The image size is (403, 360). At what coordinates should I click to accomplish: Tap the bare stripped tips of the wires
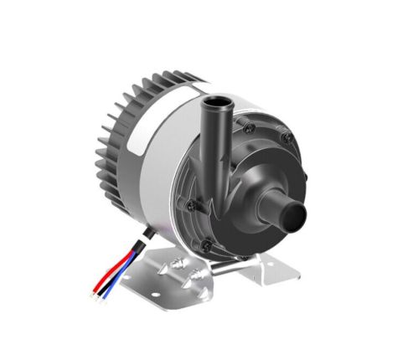(95, 294)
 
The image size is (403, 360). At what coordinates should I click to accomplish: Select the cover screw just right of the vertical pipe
(249, 127)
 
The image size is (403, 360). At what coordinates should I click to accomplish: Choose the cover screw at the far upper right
(287, 137)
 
